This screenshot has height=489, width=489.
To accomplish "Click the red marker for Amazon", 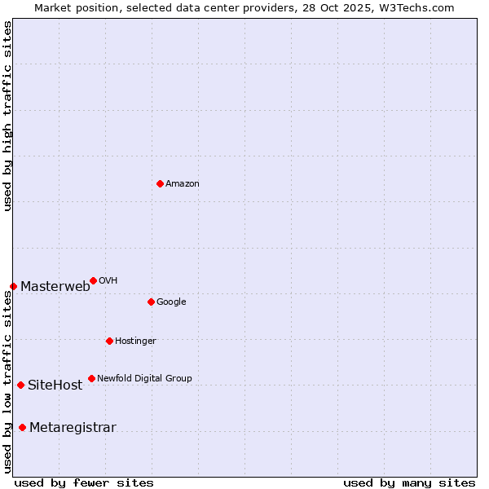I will [x=160, y=183].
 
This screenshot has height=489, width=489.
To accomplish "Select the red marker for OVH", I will [x=93, y=280].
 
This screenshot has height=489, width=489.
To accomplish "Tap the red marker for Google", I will [x=151, y=302].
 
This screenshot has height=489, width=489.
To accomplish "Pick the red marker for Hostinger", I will [x=109, y=341].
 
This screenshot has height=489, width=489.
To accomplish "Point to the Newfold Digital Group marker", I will [x=91, y=378].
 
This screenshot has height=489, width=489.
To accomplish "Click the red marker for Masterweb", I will [x=13, y=286].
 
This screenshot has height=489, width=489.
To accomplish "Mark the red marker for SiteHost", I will [x=20, y=385].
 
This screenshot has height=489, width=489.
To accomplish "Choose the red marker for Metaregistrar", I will [x=22, y=427].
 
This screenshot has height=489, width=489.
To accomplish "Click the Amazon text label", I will [x=183, y=184].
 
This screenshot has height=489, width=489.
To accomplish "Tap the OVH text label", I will [x=108, y=281].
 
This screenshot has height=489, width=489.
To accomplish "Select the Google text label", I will [x=171, y=302].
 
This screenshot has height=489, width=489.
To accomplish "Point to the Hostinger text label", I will [x=135, y=341].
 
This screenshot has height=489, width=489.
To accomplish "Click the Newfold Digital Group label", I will [x=144, y=379].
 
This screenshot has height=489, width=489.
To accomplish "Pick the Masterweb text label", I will [x=55, y=287].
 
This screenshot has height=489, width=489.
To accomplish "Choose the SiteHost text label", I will [x=55, y=385].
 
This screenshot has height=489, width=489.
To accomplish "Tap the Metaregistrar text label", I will [x=73, y=428].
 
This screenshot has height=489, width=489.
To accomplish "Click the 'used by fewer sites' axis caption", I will [x=84, y=482].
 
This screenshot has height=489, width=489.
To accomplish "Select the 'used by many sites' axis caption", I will [x=409, y=482].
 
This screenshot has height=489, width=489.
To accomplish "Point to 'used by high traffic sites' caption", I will [x=7, y=116].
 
